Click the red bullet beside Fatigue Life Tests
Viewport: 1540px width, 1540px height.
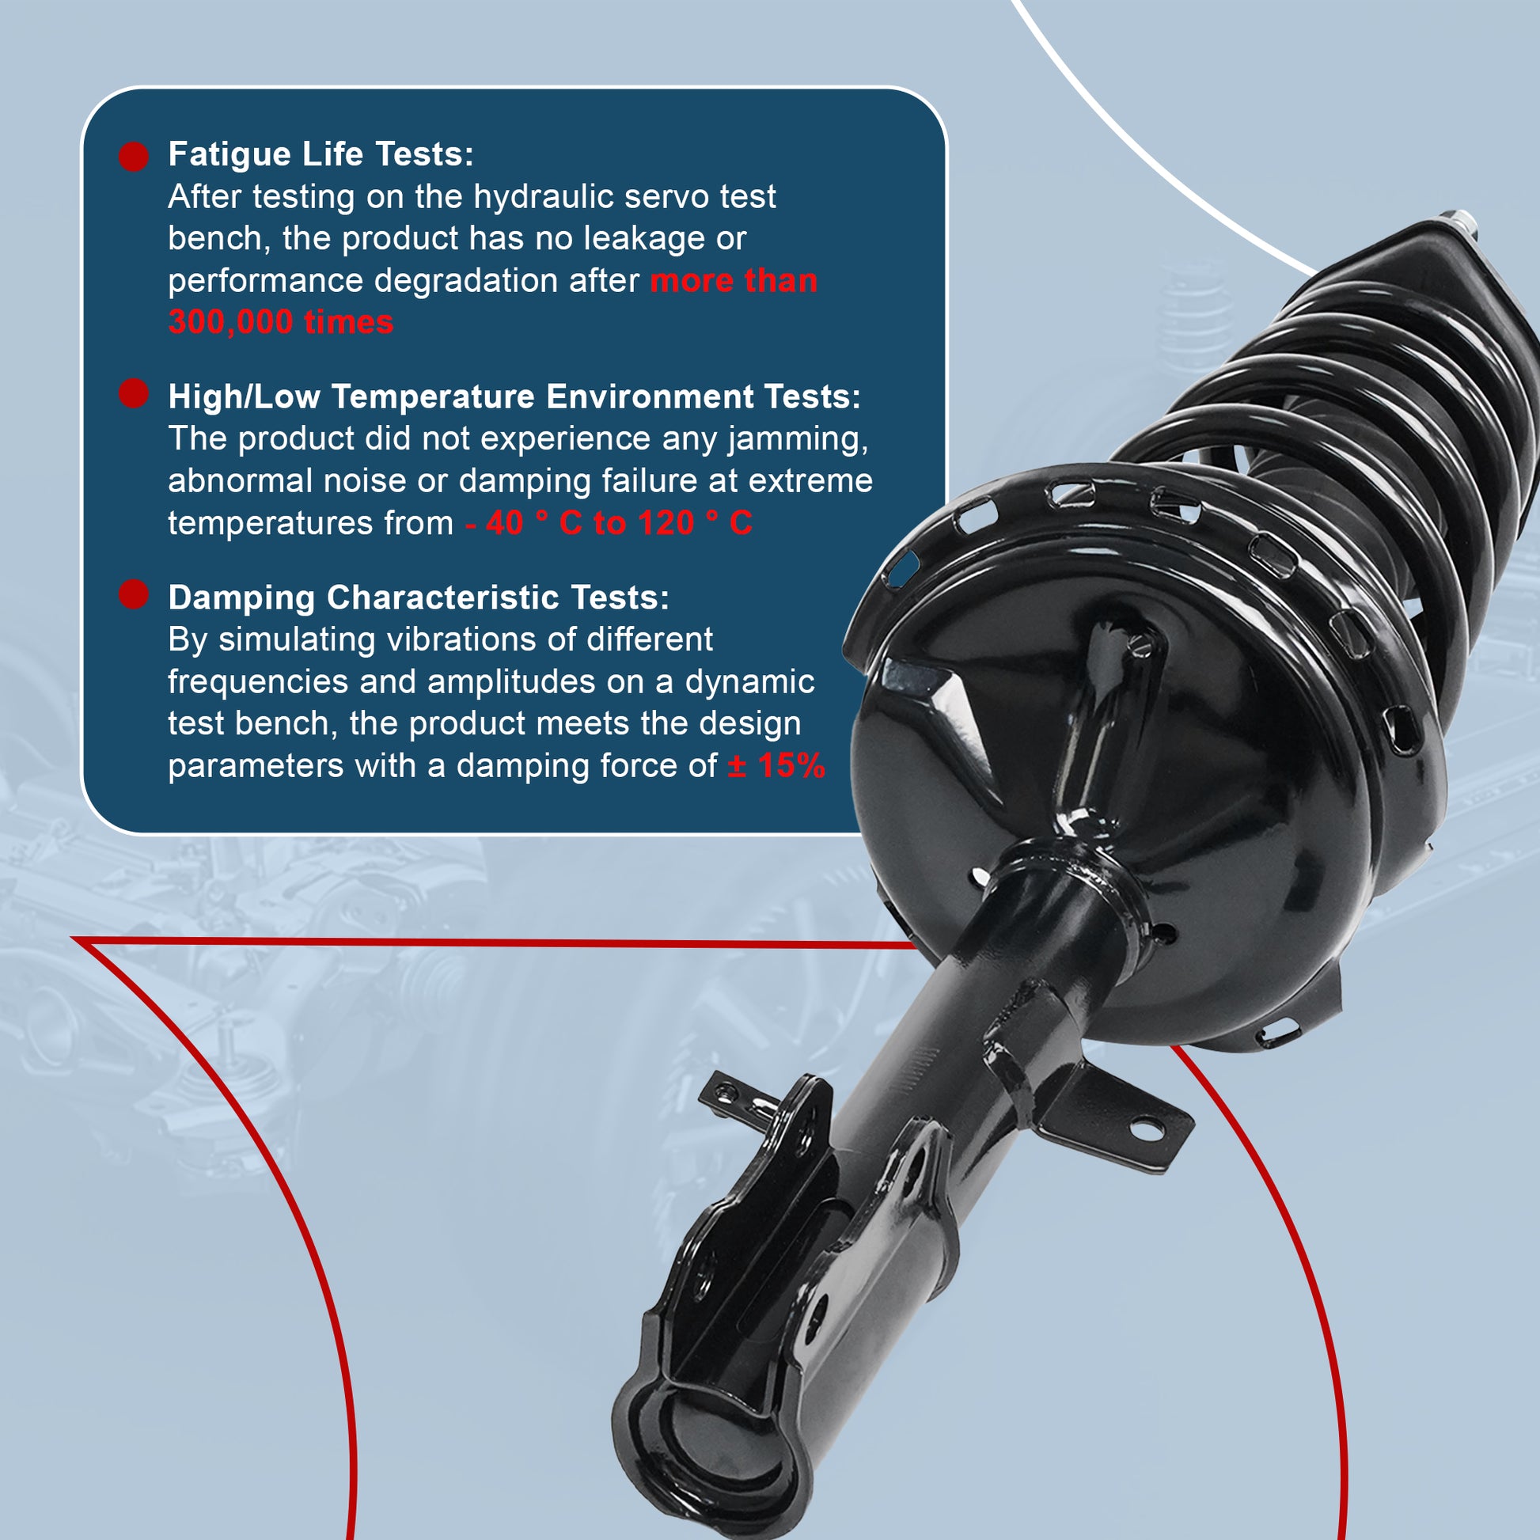click(x=134, y=157)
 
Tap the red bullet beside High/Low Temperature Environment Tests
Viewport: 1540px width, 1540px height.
click(x=134, y=394)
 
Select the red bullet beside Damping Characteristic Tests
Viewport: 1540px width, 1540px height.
click(x=134, y=594)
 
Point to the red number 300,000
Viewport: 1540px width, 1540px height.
click(x=231, y=323)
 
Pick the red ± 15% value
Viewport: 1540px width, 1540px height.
click(x=776, y=766)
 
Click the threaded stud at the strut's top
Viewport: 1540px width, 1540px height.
click(x=1457, y=224)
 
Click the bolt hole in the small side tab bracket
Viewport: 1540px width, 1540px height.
click(x=1147, y=1128)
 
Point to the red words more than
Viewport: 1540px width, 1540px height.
click(x=734, y=281)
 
